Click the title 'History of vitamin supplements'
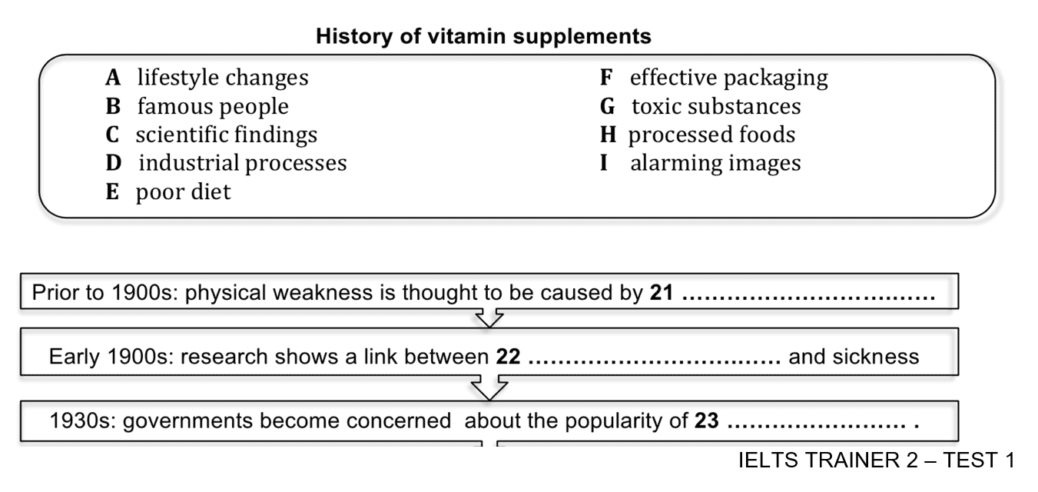(x=483, y=36)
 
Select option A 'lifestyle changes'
(x=207, y=78)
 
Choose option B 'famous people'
(x=197, y=106)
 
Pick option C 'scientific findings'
(x=211, y=135)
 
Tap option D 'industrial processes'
(x=226, y=163)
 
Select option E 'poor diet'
(x=167, y=192)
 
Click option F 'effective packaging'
(x=714, y=78)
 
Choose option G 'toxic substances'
(x=700, y=106)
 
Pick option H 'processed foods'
(x=698, y=135)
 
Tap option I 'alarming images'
(x=700, y=163)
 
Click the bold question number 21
(x=662, y=293)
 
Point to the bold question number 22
(x=509, y=357)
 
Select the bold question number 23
(x=707, y=421)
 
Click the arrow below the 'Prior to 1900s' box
(x=489, y=318)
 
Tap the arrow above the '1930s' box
(x=489, y=387)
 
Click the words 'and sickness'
(x=854, y=357)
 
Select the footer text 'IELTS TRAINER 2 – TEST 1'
(x=877, y=460)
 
